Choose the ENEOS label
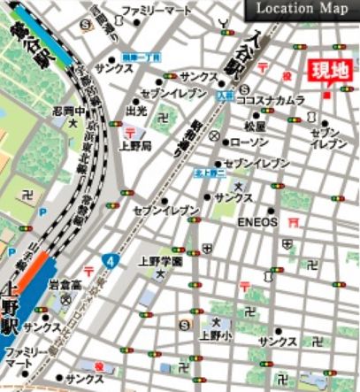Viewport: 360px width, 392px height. [257, 222]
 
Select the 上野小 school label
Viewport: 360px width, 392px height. [214, 335]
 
